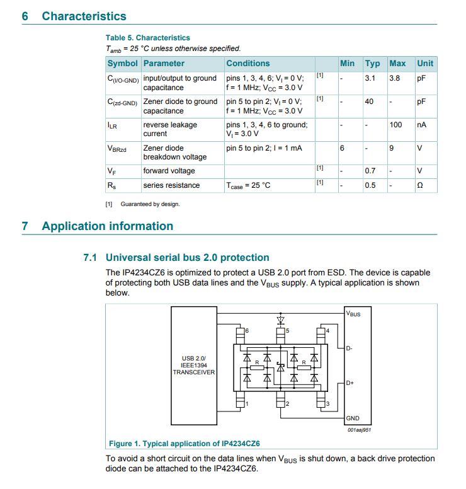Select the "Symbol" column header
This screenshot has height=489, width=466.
[x=122, y=64]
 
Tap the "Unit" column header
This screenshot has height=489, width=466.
[x=425, y=64]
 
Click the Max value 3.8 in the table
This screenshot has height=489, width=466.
[x=395, y=78]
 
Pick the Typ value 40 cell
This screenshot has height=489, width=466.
[x=369, y=101]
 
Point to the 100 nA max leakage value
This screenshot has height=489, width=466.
[x=395, y=125]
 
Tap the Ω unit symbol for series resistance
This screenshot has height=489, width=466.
[x=420, y=185]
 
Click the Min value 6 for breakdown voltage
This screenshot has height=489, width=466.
[x=342, y=148]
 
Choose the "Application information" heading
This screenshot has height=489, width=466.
[x=107, y=226]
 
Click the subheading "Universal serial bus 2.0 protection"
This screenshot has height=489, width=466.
[x=187, y=257]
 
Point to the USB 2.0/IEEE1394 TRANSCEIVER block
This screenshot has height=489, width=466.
[x=194, y=365]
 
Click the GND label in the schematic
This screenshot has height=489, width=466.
[x=353, y=418]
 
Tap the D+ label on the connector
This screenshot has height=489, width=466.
[x=350, y=383]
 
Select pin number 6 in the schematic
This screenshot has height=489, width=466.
[x=247, y=331]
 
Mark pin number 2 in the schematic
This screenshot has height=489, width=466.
[x=287, y=404]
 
